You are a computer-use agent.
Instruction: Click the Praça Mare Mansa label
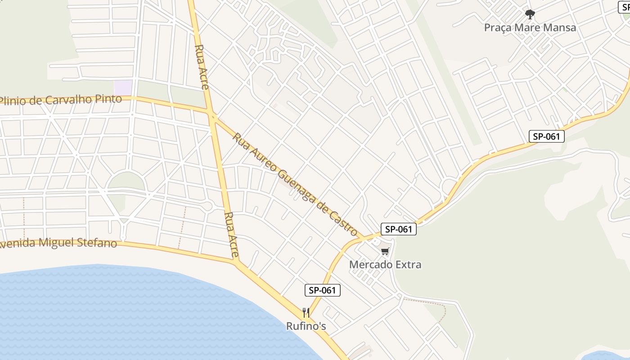click(x=530, y=27)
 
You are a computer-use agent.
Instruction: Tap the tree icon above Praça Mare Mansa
click(x=530, y=14)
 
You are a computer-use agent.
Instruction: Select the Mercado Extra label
click(x=385, y=265)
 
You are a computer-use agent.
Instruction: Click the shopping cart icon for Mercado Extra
click(x=385, y=252)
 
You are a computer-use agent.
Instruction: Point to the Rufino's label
click(x=306, y=326)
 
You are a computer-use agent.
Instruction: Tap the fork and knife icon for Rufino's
click(x=306, y=312)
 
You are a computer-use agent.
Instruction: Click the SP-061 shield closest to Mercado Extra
click(x=399, y=229)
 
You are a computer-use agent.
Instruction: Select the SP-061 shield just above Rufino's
click(x=323, y=290)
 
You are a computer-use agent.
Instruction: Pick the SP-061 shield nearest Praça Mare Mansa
click(x=546, y=136)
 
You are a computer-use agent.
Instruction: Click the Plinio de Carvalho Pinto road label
click(x=61, y=100)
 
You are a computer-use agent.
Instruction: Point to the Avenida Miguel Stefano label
click(x=58, y=243)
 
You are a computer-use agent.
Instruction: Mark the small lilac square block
click(x=123, y=87)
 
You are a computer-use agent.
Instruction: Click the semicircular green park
click(x=126, y=182)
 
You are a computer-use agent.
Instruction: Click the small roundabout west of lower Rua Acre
click(x=207, y=206)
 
